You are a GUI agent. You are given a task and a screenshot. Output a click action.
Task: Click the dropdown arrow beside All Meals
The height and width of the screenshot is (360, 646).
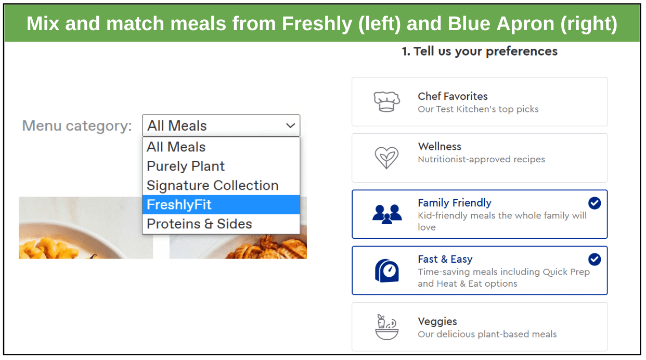click(x=290, y=125)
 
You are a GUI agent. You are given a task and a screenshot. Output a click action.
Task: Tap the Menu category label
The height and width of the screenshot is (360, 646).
click(x=77, y=126)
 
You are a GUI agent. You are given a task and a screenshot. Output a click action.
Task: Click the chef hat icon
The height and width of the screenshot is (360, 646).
click(x=387, y=101)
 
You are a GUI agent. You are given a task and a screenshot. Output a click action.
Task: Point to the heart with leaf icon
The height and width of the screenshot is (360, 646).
click(x=386, y=158)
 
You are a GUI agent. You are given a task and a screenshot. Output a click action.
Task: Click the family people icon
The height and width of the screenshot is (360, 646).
click(x=387, y=214)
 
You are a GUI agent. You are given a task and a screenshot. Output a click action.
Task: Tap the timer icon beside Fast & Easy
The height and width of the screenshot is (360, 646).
click(x=387, y=271)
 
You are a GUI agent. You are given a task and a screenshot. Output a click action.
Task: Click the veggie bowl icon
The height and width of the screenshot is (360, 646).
click(x=387, y=327)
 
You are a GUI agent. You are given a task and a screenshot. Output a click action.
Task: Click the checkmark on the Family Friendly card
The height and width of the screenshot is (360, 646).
click(x=595, y=203)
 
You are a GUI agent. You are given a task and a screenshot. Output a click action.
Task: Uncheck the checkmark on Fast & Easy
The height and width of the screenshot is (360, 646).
click(x=595, y=259)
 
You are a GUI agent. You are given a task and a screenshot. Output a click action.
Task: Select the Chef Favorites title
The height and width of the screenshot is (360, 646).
click(x=453, y=96)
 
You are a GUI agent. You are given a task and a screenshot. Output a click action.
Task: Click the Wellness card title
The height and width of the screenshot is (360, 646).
click(x=440, y=147)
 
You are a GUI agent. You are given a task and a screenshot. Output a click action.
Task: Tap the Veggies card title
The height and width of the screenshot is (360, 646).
click(x=437, y=322)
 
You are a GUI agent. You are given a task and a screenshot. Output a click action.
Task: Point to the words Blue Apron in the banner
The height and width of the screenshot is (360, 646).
click(x=501, y=23)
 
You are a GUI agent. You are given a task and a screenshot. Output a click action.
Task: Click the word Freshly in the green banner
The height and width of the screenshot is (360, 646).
click(x=317, y=23)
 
